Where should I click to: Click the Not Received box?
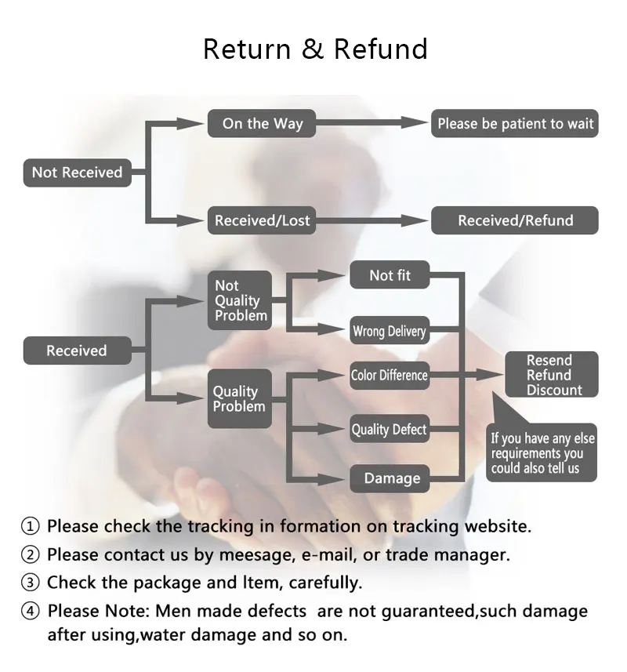coord(77,173)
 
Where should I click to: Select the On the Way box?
coord(262,123)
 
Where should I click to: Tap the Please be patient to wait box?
coord(515,123)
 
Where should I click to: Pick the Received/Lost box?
coord(262,220)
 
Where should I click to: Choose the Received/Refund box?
coord(515,220)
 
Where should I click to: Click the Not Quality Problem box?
coord(240,300)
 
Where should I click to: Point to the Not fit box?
coord(390,274)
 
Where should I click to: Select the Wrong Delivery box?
coord(390,330)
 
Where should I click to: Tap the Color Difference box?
coord(390,376)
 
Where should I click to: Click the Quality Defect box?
coord(390,429)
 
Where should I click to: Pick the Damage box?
coord(390,478)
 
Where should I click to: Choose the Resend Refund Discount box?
coord(552,375)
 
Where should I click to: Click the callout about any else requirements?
coord(542,452)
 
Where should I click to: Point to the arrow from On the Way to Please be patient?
coord(371,123)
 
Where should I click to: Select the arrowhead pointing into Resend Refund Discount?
coord(490,375)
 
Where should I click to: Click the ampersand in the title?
coord(313,49)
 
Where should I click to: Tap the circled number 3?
coord(30,583)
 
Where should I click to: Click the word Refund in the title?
coord(381,49)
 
